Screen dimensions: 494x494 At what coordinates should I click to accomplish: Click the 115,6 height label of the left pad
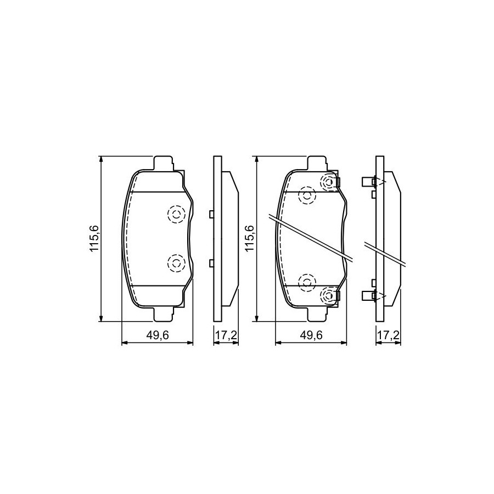pyautogui.click(x=94, y=239)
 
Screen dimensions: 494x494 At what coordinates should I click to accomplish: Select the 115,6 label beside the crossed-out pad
pyautogui.click(x=249, y=239)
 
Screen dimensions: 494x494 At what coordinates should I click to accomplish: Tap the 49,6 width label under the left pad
pyautogui.click(x=158, y=335)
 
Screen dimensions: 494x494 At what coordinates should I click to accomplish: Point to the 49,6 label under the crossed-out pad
pyautogui.click(x=311, y=335)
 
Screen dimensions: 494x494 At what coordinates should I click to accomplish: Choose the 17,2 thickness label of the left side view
pyautogui.click(x=226, y=335)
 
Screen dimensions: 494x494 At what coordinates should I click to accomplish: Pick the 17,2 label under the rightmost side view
pyautogui.click(x=388, y=335)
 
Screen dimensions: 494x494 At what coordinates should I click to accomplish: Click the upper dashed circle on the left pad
pyautogui.click(x=176, y=215)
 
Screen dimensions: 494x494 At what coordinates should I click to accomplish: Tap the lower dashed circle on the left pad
pyautogui.click(x=176, y=263)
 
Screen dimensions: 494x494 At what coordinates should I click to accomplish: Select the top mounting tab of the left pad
pyautogui.click(x=163, y=163)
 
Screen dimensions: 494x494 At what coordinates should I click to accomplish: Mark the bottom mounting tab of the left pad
pyautogui.click(x=163, y=314)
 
